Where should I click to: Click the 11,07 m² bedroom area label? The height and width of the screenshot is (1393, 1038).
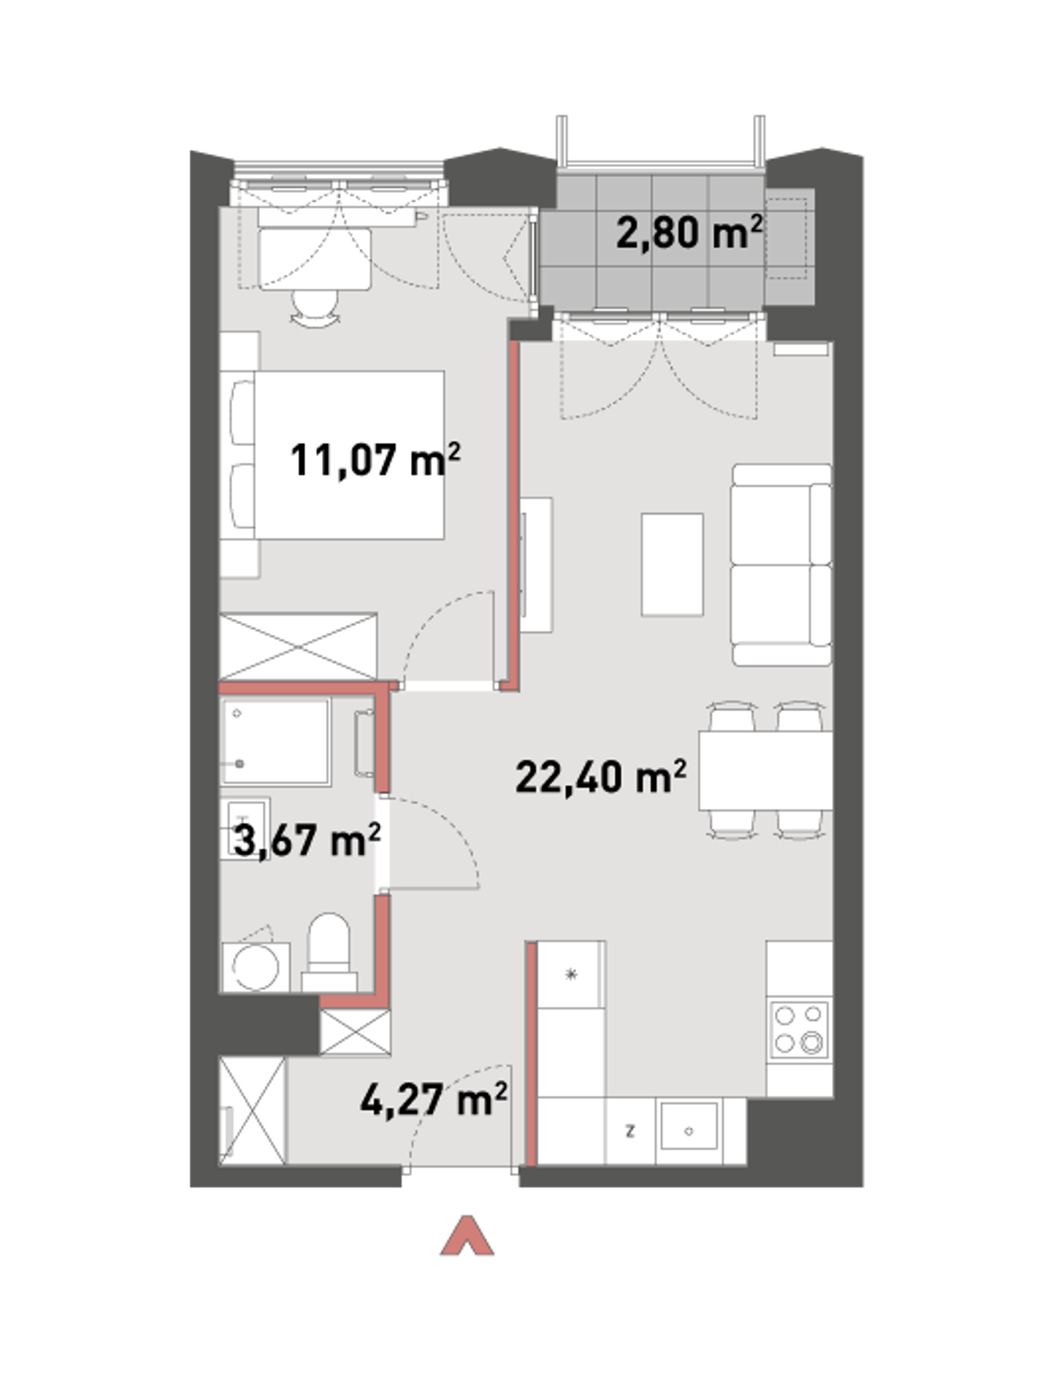[375, 460]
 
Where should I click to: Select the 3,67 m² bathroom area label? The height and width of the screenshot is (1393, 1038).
[306, 840]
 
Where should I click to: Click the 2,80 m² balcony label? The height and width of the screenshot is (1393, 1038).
[689, 232]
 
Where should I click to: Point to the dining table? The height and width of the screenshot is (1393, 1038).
[765, 771]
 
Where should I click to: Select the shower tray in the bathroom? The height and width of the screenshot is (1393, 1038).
[276, 742]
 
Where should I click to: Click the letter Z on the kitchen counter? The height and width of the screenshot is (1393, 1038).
[629, 1132]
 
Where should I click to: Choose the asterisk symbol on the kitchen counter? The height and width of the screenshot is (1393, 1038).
[570, 975]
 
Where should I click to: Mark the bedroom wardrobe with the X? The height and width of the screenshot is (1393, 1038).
[298, 647]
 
